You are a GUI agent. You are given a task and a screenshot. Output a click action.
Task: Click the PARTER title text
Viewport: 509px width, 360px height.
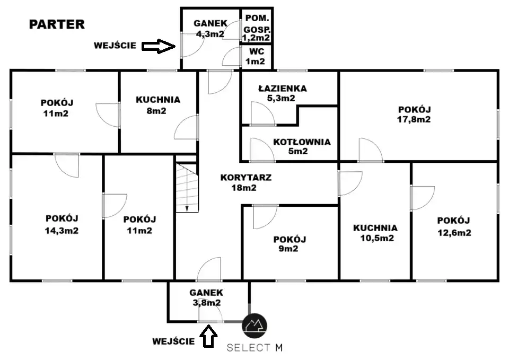click(57, 24)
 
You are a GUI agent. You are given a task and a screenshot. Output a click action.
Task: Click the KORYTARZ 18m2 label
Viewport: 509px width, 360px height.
click(246, 182)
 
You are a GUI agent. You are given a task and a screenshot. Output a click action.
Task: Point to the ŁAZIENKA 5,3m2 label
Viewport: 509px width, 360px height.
click(276, 93)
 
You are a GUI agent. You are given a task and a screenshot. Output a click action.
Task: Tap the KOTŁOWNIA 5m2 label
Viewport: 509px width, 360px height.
click(302, 146)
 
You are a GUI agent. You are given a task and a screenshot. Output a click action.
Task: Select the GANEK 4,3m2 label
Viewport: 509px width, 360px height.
click(210, 29)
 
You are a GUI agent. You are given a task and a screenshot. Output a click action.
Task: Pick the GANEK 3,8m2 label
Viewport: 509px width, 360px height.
click(207, 297)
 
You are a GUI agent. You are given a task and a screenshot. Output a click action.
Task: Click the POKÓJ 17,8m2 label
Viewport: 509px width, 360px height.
click(414, 114)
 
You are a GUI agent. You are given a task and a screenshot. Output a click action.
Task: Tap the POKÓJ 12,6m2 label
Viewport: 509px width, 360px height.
click(454, 226)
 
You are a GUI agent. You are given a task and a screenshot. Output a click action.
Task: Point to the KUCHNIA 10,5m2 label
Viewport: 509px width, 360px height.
click(375, 233)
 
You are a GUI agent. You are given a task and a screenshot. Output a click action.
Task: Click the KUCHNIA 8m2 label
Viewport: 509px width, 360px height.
click(157, 105)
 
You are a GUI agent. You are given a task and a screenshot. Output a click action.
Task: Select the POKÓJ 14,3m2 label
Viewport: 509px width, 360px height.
click(62, 224)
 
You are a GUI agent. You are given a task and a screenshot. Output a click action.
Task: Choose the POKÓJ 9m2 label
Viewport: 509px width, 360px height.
click(289, 244)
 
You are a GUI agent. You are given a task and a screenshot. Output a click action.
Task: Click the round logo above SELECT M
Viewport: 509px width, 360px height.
click(254, 324)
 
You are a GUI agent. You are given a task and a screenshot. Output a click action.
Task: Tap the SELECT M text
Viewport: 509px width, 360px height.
click(254, 348)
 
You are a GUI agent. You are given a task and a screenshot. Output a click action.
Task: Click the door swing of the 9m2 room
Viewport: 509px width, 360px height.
click(264, 215)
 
